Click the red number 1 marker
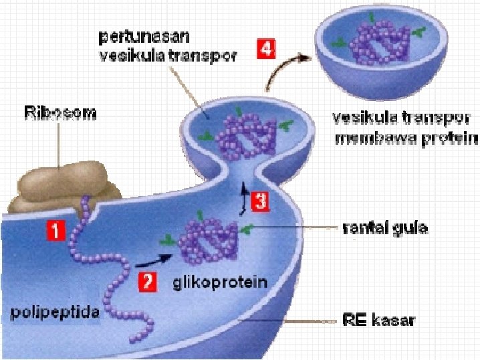(55, 232)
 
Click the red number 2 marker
(147, 282)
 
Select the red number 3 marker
(260, 201)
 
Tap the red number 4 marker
(265, 48)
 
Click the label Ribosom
(59, 113)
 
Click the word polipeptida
(54, 311)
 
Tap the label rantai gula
(384, 229)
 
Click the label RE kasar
(378, 320)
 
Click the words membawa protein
(406, 139)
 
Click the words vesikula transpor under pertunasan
(168, 56)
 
